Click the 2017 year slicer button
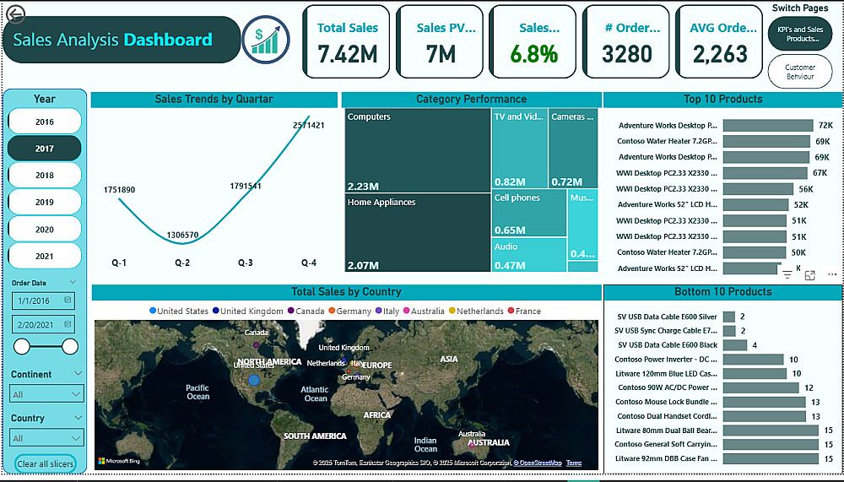point(44,149)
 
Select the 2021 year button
point(44,256)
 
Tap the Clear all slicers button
point(46,464)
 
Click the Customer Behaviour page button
point(799,72)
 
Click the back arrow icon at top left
point(15,14)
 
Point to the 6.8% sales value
point(533,55)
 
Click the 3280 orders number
point(627,55)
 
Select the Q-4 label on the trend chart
point(309,263)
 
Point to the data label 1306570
point(183,235)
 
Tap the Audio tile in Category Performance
point(529,254)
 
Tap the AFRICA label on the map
point(377,415)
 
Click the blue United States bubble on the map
point(253,381)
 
